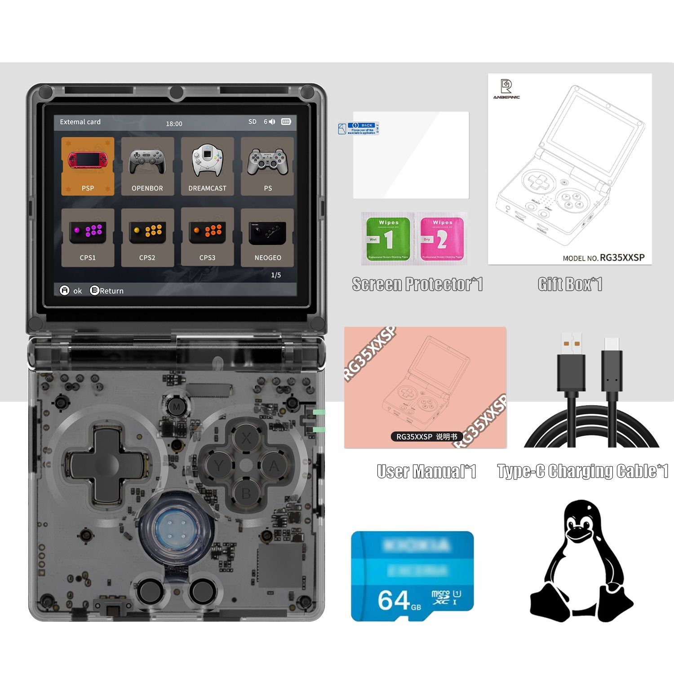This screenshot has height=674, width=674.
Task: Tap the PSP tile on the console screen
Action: [x=88, y=166]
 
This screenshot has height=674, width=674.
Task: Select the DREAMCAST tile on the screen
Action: [x=207, y=166]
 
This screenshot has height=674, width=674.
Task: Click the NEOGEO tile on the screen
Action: [x=267, y=237]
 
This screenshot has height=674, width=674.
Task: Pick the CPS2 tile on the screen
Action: [x=147, y=237]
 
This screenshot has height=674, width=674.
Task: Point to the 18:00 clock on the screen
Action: [x=174, y=124]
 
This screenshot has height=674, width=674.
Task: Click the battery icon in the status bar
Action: [x=286, y=122]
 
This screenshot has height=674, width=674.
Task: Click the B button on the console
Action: [x=246, y=493]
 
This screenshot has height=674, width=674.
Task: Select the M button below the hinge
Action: [x=176, y=407]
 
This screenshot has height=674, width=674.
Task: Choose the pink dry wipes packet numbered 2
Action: [x=442, y=239]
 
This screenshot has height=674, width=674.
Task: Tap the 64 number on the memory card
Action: [x=394, y=599]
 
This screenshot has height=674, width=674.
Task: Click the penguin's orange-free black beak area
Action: [x=578, y=535]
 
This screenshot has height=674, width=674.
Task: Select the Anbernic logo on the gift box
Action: [x=506, y=88]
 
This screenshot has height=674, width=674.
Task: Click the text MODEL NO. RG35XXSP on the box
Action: [x=603, y=257]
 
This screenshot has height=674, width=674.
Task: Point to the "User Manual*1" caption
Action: [x=426, y=471]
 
